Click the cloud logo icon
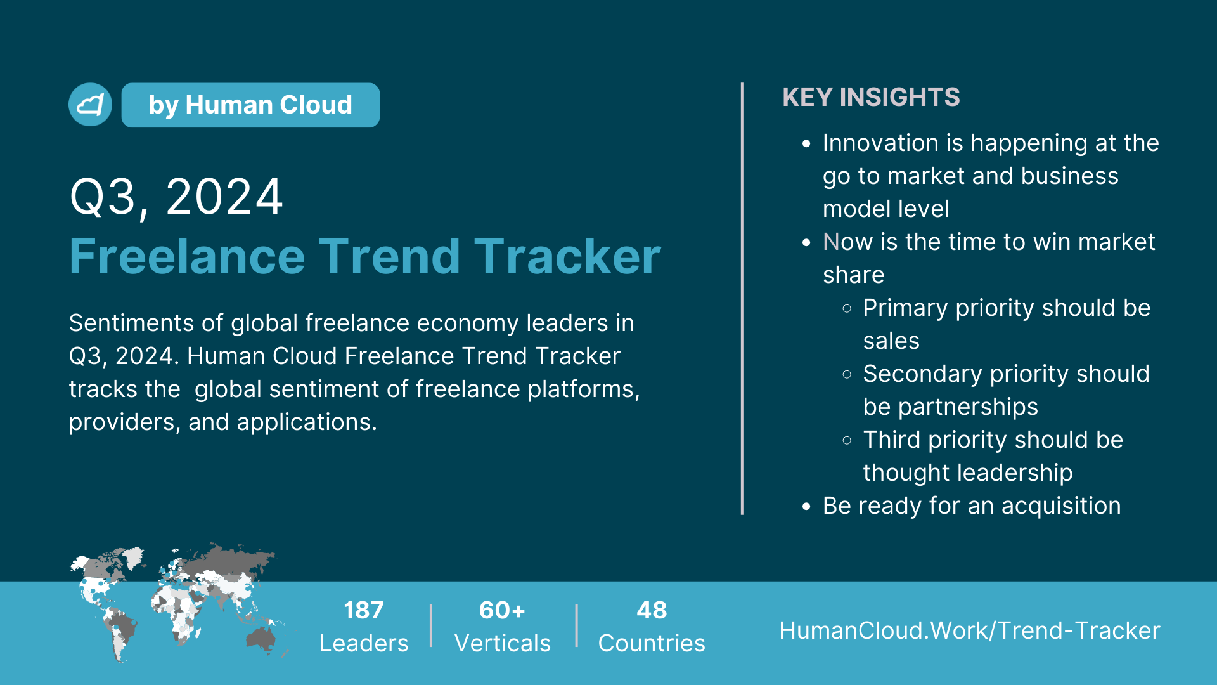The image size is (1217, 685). point(90,105)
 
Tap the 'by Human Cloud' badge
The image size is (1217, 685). point(250,105)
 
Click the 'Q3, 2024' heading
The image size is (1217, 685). point(176,197)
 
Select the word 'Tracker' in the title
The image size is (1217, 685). point(567,256)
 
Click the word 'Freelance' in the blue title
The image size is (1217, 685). point(188,256)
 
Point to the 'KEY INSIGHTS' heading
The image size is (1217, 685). point(871,97)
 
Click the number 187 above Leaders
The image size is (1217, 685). point(364,610)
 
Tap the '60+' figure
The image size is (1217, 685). point(502,610)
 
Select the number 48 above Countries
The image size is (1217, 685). point(652,610)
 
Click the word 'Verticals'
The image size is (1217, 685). point(503,643)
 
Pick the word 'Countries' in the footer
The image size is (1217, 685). point(652,643)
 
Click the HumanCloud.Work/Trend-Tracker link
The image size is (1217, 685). point(970,630)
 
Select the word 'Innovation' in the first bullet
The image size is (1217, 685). point(880,143)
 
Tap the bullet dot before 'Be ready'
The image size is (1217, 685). point(806,506)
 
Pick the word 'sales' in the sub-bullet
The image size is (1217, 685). point(891,341)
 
